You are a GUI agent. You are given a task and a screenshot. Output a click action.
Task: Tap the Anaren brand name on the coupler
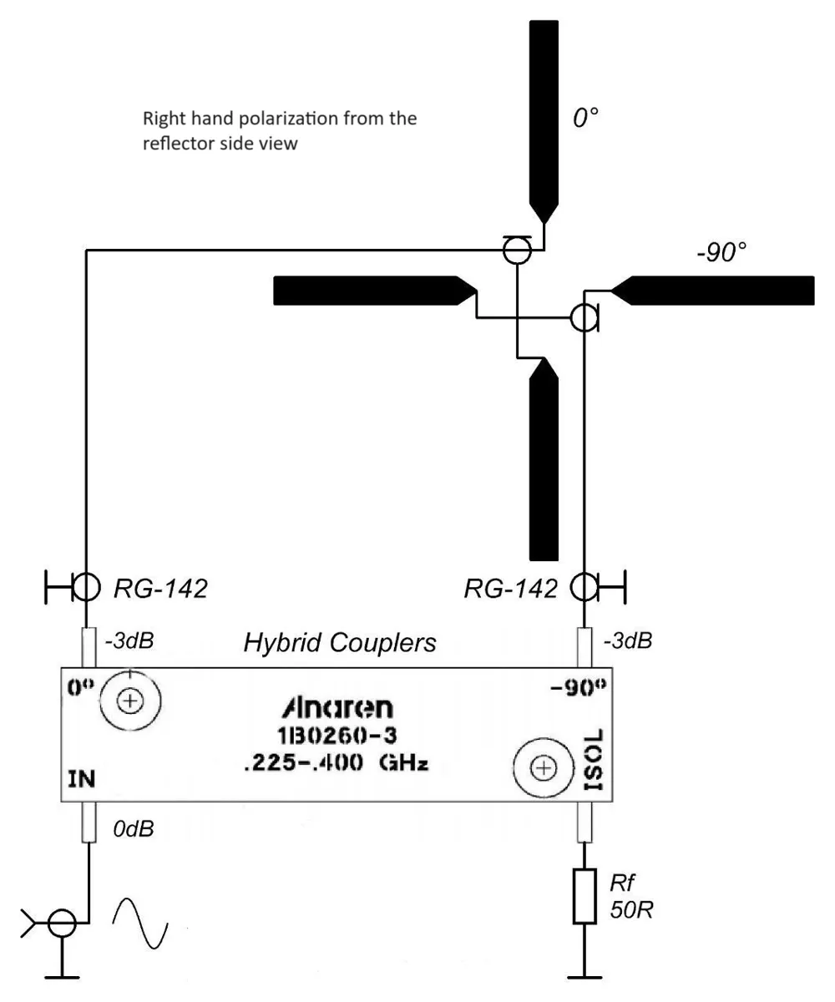point(337,708)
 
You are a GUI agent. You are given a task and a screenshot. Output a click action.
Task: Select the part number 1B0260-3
point(337,736)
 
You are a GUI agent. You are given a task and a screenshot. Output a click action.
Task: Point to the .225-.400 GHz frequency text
point(336,762)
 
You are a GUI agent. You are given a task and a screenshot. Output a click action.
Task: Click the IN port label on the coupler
point(82,779)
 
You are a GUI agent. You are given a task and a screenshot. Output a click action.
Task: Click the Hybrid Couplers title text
point(340,642)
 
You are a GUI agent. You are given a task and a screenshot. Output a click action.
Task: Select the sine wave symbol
point(140,923)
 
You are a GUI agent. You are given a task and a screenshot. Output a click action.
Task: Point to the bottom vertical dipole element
point(544,458)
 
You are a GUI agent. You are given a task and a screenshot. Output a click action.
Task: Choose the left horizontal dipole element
point(374,291)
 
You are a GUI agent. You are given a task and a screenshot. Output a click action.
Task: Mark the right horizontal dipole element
point(712,291)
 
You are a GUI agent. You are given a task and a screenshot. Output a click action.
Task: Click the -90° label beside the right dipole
point(721,252)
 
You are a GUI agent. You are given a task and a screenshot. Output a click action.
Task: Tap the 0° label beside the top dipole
point(586,118)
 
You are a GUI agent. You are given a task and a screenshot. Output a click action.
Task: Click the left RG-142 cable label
point(160,589)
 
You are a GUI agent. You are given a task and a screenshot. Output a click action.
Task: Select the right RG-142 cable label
point(510,589)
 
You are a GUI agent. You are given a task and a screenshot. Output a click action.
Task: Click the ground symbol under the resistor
point(584,976)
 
